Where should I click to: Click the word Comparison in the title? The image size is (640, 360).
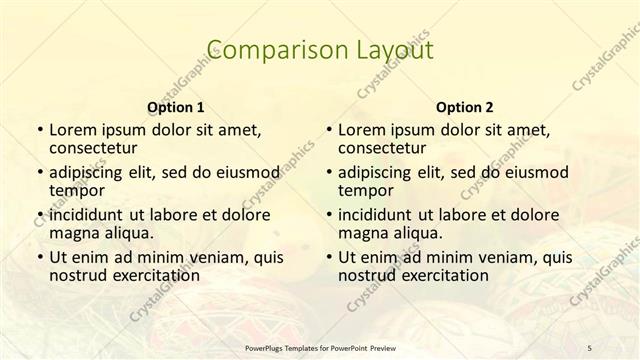(x=265, y=49)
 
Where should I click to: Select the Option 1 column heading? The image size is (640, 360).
(x=175, y=107)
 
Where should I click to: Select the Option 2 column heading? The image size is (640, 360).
(x=465, y=107)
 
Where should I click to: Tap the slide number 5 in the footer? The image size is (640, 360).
(x=589, y=347)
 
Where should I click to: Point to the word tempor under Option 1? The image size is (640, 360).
(x=75, y=190)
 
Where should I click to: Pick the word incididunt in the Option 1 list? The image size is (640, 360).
(x=86, y=214)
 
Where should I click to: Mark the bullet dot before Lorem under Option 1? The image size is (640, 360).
(x=39, y=130)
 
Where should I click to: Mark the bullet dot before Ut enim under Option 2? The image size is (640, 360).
(x=329, y=257)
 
